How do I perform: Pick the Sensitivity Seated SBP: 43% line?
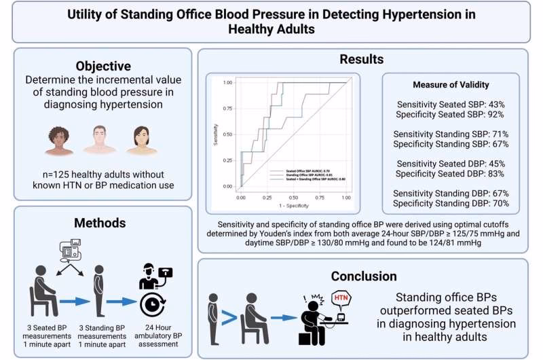[451, 104]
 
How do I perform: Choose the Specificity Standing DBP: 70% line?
[451, 203]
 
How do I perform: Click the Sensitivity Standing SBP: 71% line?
[451, 134]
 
